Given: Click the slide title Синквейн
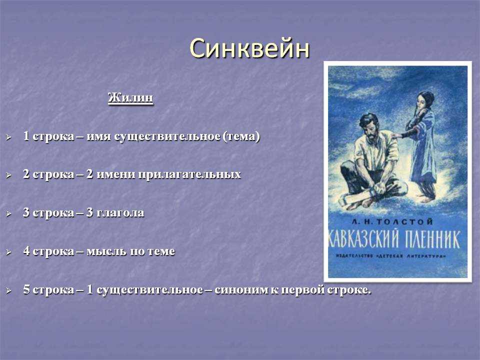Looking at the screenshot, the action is pyautogui.click(x=249, y=48).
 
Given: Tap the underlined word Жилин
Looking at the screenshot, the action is pyautogui.click(x=130, y=98).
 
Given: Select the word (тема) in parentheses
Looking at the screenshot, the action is pyautogui.click(x=241, y=136).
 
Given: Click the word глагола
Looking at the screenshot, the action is pyautogui.click(x=120, y=213).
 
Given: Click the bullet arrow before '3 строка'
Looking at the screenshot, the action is pyautogui.click(x=8, y=213).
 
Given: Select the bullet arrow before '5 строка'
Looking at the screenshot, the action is pyautogui.click(x=8, y=290).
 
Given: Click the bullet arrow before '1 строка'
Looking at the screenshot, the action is pyautogui.click(x=8, y=137).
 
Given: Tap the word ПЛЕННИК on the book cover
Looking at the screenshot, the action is pyautogui.click(x=432, y=239).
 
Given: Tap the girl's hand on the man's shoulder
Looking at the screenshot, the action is pyautogui.click(x=396, y=135).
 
